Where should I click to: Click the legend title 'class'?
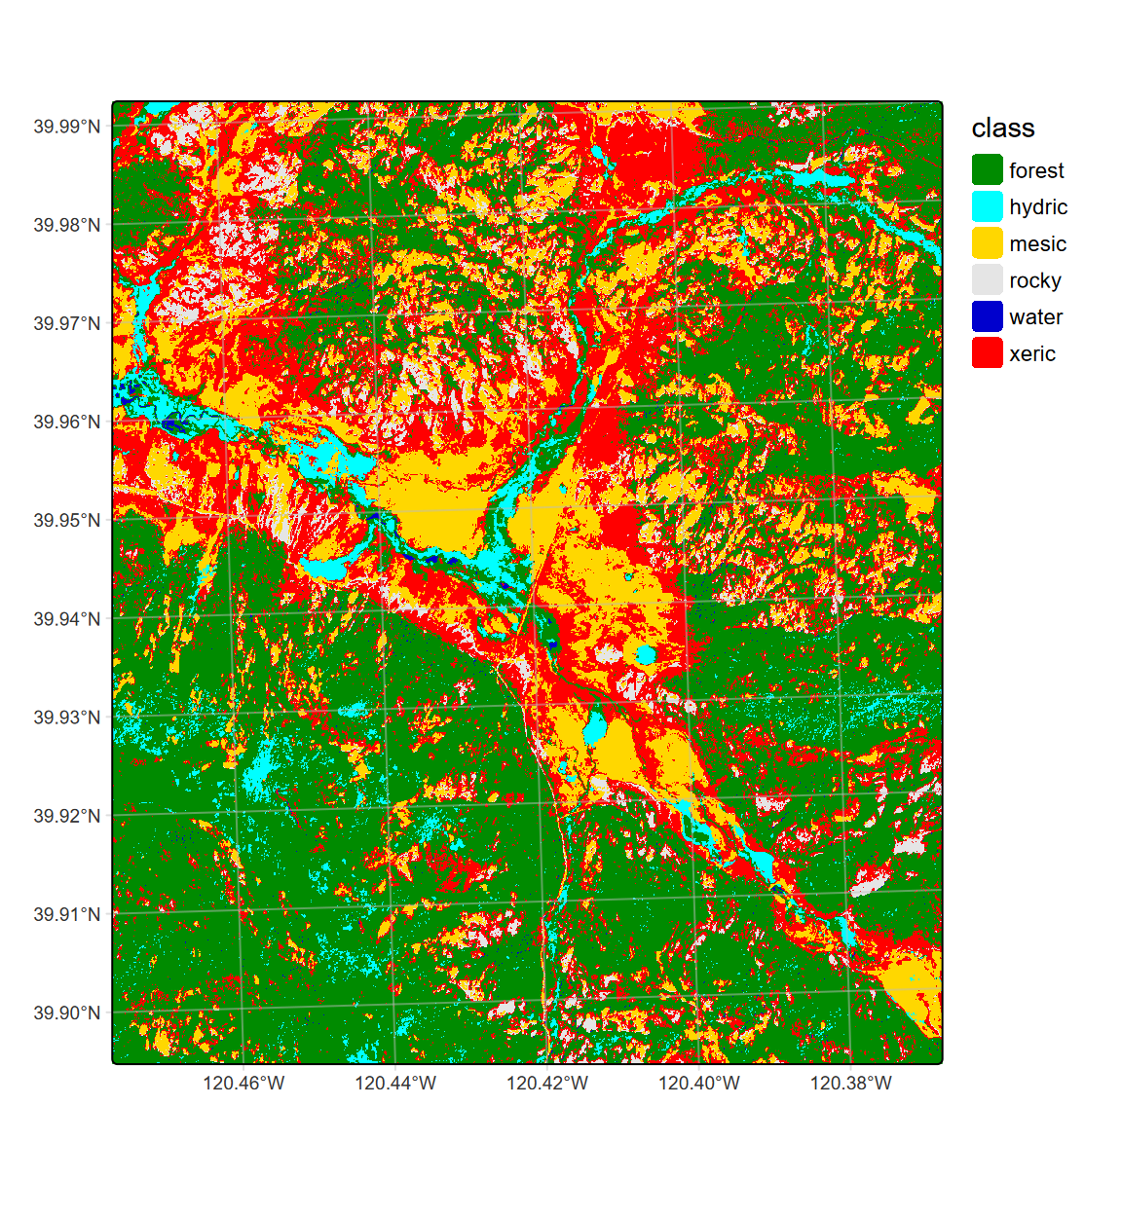[x=1002, y=129]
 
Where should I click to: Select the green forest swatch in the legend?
[x=987, y=169]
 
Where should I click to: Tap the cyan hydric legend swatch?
[x=987, y=206]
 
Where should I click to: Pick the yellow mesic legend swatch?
[x=987, y=243]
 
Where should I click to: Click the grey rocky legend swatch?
[x=987, y=280]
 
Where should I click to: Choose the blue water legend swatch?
[x=987, y=316]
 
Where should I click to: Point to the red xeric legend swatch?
[x=987, y=353]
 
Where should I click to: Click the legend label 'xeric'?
[x=1032, y=354]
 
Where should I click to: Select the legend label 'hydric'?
[x=1038, y=207]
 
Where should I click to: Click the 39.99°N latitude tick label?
[x=66, y=127]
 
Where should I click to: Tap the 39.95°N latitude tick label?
[x=66, y=521]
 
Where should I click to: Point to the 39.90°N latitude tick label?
[x=66, y=1013]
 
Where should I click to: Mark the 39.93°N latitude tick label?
[x=66, y=718]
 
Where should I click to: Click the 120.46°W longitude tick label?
[x=243, y=1084]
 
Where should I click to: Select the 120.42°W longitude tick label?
[x=547, y=1084]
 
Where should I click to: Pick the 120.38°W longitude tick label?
[x=851, y=1084]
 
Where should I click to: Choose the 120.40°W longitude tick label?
[x=699, y=1084]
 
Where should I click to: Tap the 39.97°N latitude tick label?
[x=66, y=323]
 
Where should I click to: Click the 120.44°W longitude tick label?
[x=395, y=1084]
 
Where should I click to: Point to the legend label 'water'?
[x=1036, y=317]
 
